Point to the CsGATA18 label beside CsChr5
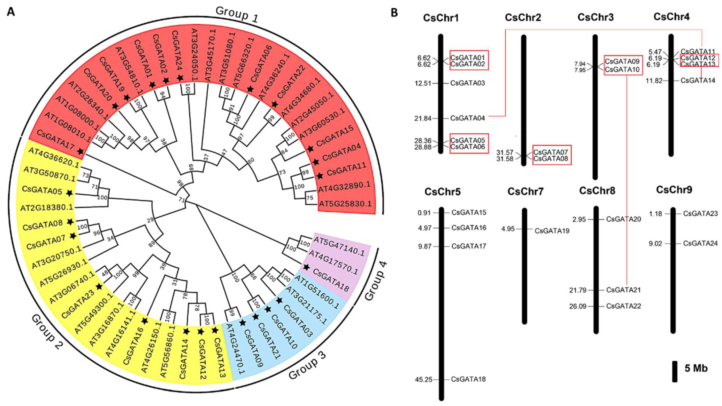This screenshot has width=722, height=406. coord(468,379)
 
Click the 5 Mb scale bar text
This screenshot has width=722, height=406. coord(696,368)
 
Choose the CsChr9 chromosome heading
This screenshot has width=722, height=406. coord(674,190)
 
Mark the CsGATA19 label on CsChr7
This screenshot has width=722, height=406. coord(552,231)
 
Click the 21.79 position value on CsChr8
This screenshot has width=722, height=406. coord(578,290)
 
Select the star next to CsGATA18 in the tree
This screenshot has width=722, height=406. coord(306,267)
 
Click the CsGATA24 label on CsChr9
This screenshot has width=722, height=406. coord(700,244)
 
